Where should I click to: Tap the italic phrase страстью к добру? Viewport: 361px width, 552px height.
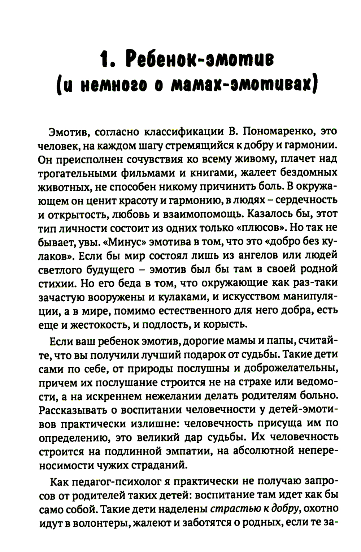[254, 509]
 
